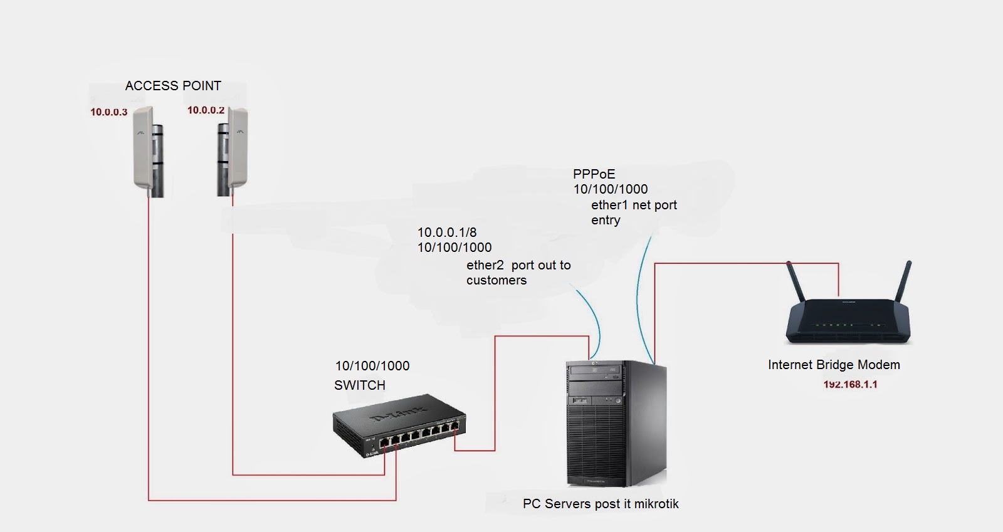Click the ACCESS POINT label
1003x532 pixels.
point(173,86)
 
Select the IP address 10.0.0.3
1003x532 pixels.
point(108,112)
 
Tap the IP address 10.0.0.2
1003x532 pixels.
point(206,110)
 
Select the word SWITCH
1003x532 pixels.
point(359,385)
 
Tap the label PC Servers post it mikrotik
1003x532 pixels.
point(601,504)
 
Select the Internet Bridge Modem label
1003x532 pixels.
point(834,365)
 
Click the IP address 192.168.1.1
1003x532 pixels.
point(850,384)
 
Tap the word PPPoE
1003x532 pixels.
point(594,174)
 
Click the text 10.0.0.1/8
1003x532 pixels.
point(447,232)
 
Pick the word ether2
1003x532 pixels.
point(485,265)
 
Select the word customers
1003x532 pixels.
point(496,280)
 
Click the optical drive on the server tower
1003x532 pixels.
point(596,372)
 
